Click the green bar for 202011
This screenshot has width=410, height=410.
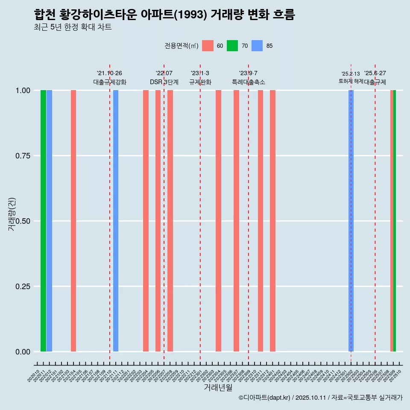[43, 221]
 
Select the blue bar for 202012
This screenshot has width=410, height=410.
[49, 221]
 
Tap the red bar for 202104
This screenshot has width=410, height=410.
[73, 221]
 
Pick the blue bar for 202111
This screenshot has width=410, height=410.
[116, 221]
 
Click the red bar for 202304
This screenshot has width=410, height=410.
[218, 221]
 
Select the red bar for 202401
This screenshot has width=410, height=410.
[272, 221]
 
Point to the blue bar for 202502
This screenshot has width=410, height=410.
[351, 221]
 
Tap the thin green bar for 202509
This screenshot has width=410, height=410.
[395, 221]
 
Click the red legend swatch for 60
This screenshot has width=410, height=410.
[208, 46]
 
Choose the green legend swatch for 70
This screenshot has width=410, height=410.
[232, 46]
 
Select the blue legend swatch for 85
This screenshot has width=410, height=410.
[257, 46]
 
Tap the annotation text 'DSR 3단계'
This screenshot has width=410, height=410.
[164, 82]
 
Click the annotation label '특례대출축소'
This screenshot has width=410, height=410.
[249, 82]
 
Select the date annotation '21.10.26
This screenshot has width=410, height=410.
[110, 73]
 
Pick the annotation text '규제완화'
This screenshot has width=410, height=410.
[200, 82]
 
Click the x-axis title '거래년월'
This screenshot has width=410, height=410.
[218, 387]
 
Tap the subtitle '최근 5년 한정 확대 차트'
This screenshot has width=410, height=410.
[73, 27]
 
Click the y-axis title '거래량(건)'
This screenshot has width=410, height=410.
[12, 214]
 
